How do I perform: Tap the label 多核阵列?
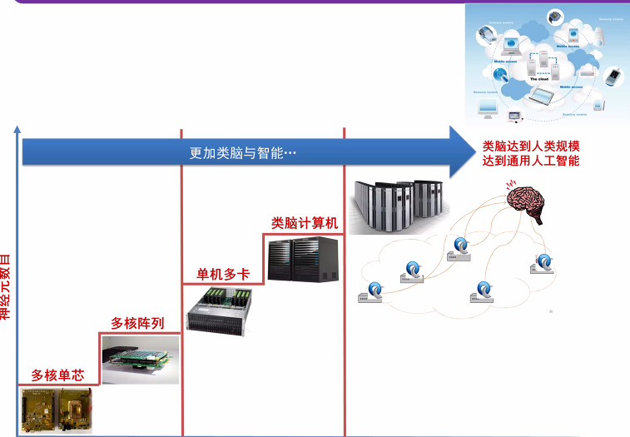coord(137,323)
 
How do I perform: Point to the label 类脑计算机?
coord(305,222)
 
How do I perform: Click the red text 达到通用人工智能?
coord(531,161)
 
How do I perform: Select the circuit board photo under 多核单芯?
coord(56,410)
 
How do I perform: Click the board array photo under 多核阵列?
coord(138,359)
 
